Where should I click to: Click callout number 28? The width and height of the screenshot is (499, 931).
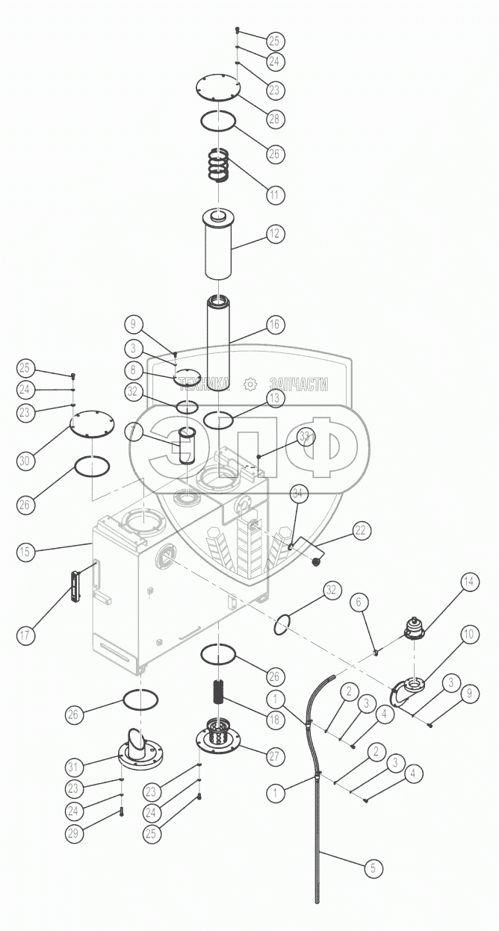(276, 119)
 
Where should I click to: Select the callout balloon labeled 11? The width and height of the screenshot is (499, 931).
(274, 195)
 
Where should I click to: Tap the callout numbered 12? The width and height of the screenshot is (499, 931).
(274, 234)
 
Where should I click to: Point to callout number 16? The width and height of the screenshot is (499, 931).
(274, 324)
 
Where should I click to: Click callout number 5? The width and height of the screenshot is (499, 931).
(371, 868)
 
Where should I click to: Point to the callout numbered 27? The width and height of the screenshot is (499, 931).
(274, 756)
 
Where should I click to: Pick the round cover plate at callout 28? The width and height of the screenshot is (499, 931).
(217, 87)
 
